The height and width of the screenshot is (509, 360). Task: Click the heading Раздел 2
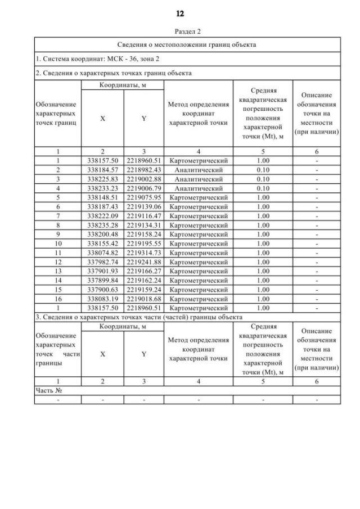click(x=180, y=32)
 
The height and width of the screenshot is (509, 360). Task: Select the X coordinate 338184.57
click(x=102, y=169)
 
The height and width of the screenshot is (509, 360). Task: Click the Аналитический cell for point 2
click(x=199, y=169)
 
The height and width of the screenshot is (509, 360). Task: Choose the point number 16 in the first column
click(x=58, y=300)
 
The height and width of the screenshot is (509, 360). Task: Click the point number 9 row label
click(x=58, y=235)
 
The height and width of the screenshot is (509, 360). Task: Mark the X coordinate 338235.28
click(x=102, y=225)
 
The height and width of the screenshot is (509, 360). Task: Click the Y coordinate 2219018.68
click(x=144, y=300)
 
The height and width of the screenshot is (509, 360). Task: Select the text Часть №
click(x=48, y=391)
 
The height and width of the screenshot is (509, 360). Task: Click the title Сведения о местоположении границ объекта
click(x=187, y=44)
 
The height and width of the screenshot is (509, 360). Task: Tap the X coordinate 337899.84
click(x=102, y=281)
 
